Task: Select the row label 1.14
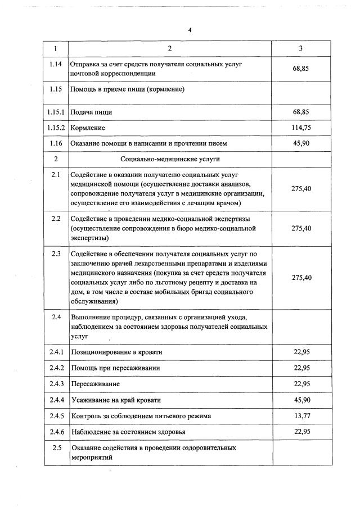[x=56, y=65]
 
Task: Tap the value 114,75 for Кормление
[x=301, y=128]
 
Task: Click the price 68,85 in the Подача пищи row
[x=301, y=112]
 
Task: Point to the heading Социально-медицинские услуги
[x=169, y=159]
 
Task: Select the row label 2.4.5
[x=56, y=416]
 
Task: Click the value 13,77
[x=301, y=416]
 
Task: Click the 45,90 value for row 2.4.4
[x=301, y=400]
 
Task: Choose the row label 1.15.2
[x=56, y=128]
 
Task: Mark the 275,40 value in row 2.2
[x=301, y=228]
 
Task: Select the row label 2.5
[x=56, y=448]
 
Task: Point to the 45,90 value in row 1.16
[x=301, y=143]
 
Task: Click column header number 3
[x=301, y=49]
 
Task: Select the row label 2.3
[x=56, y=254]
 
